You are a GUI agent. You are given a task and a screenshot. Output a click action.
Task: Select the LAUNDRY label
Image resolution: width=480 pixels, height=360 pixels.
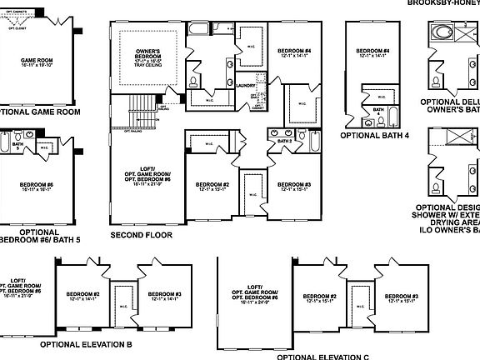(246, 85)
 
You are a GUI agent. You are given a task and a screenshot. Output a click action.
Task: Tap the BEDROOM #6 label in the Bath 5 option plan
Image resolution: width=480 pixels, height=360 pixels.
(37, 187)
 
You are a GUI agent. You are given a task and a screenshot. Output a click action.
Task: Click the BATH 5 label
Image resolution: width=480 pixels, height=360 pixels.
(18, 147)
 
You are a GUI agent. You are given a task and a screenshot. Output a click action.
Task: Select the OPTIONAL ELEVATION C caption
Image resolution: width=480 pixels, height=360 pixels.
(322, 356)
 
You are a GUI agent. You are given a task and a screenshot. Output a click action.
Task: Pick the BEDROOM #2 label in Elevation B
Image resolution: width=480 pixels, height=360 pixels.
(84, 295)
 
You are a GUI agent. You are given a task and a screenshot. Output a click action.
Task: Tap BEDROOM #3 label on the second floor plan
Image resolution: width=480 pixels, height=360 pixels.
(294, 186)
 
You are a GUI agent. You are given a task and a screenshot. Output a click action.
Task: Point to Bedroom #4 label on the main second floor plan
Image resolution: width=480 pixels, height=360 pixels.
(296, 53)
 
